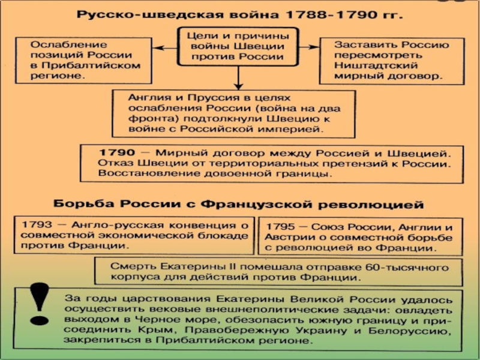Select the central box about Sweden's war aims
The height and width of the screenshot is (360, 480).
point(238,46)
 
